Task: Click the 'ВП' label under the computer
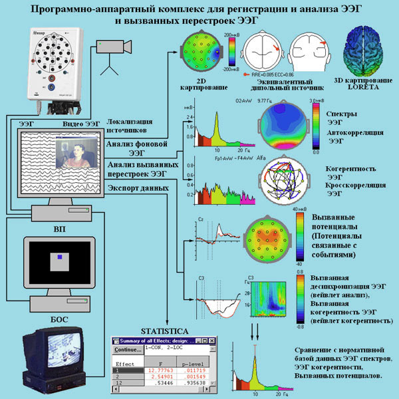pos(59,226)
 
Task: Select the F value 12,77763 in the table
pos(160,371)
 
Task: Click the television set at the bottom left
pos(55,356)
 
